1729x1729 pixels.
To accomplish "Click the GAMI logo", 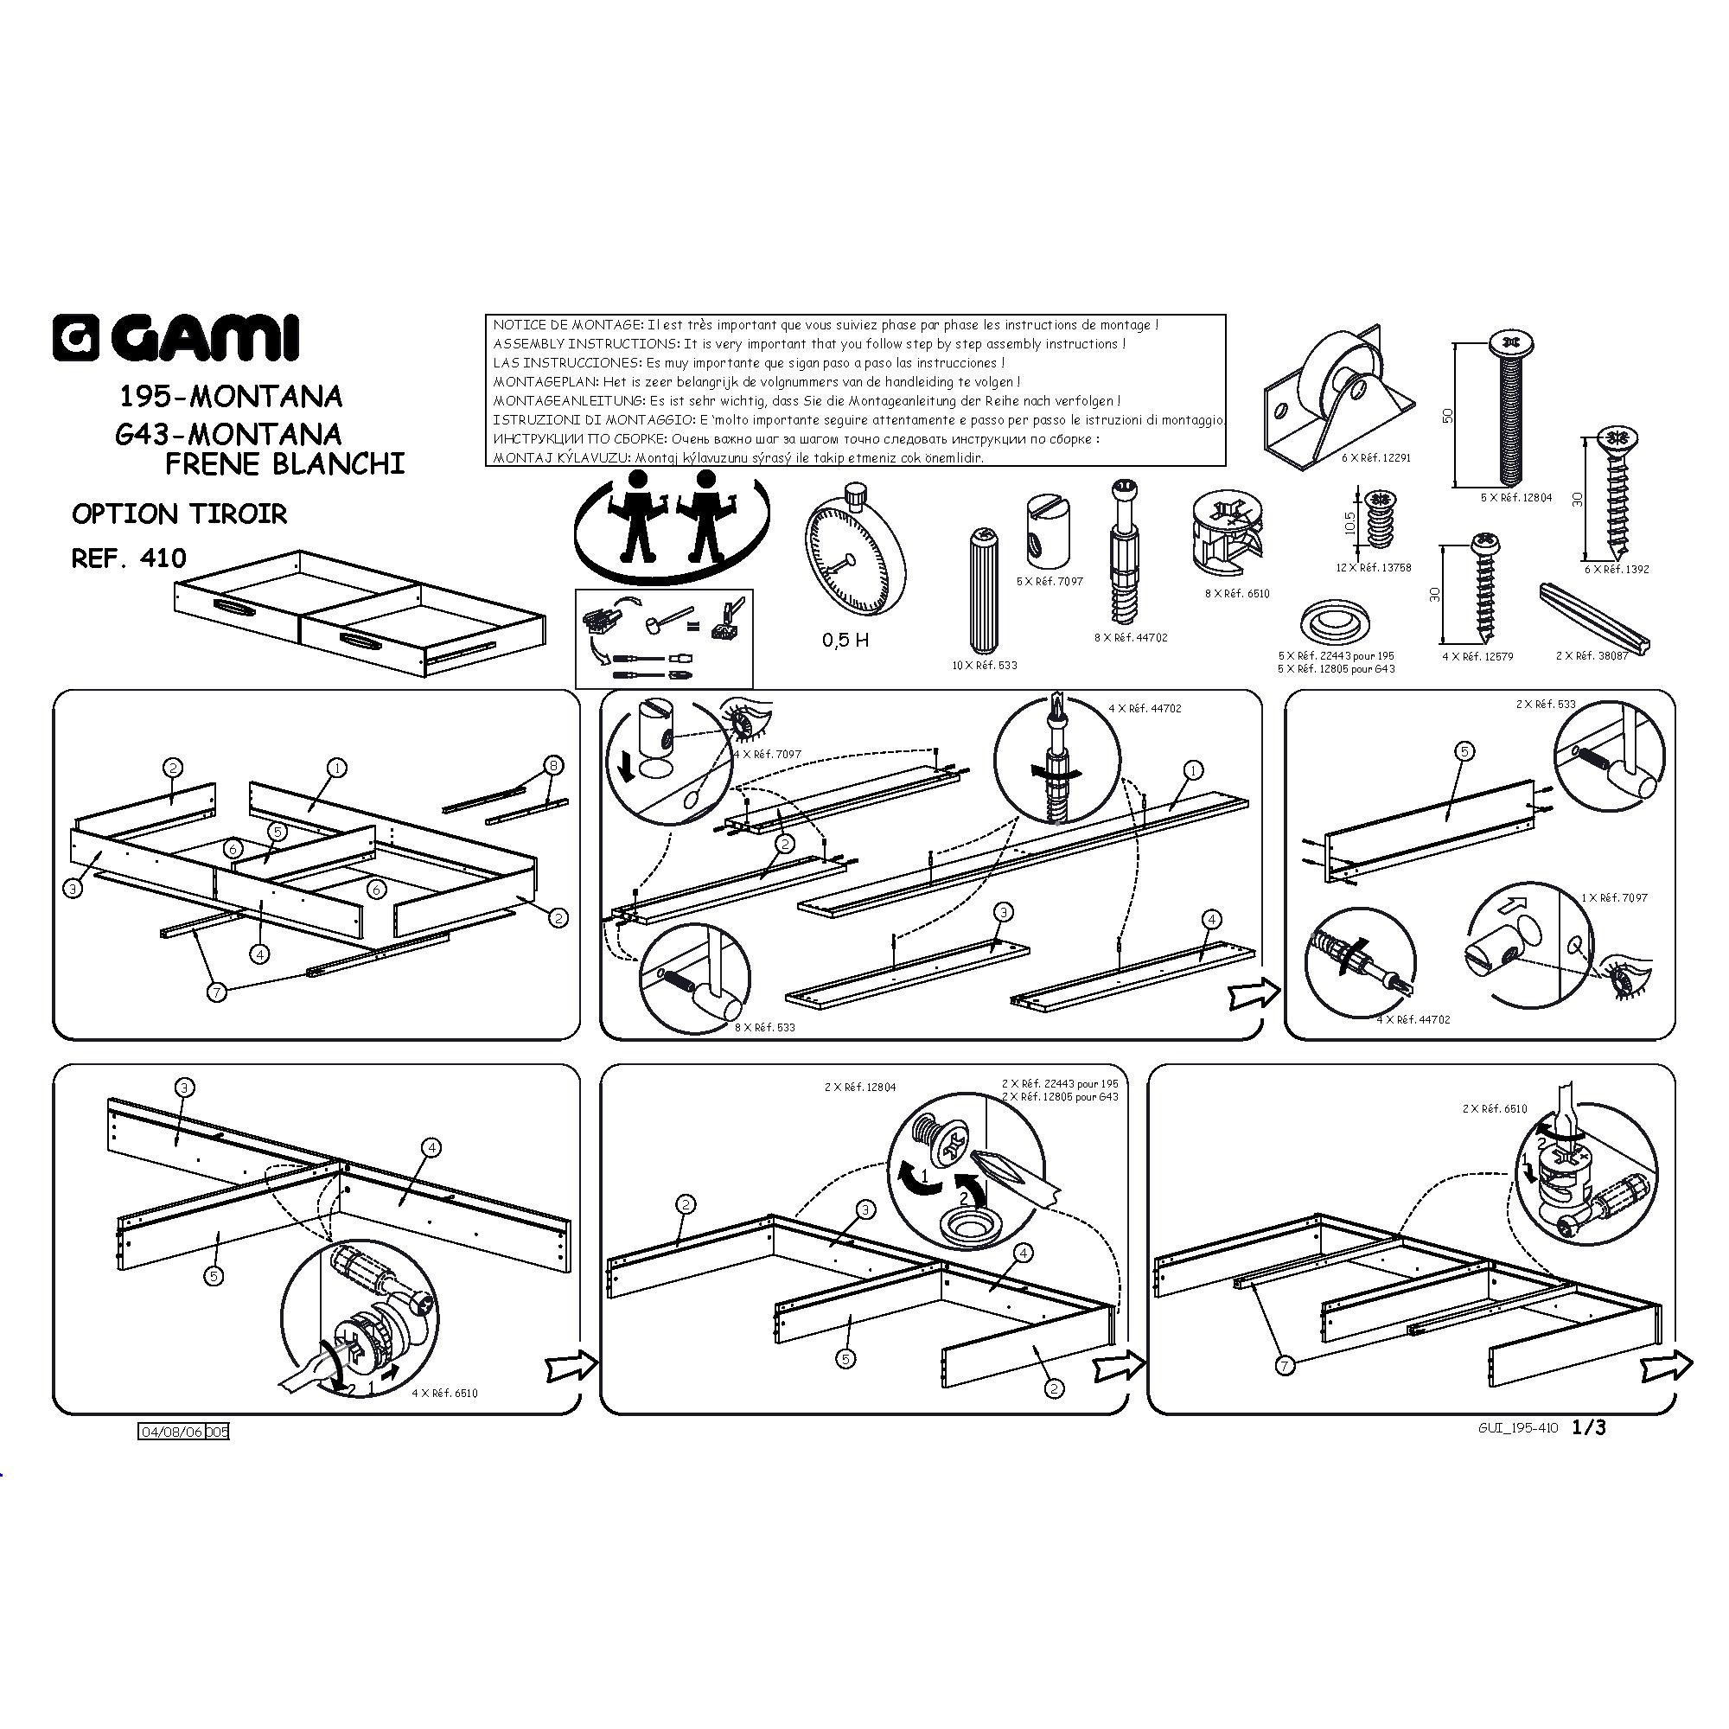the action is tap(175, 337).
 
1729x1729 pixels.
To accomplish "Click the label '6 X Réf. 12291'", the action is tap(1375, 457).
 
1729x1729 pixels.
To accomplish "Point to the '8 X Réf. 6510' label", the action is tap(1237, 593).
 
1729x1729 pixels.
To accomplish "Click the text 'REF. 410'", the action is tap(129, 558).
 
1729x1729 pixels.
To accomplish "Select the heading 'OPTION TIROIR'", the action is tap(179, 514).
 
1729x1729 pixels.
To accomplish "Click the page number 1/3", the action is tap(1590, 1427).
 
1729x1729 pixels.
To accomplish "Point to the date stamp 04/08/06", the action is tap(170, 1432).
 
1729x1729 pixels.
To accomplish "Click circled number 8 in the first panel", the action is tap(554, 766).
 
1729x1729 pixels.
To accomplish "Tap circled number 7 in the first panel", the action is tap(217, 992).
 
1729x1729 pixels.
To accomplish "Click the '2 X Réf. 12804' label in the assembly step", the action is tap(860, 1088).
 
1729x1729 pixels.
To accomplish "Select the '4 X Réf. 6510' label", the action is tap(444, 1394).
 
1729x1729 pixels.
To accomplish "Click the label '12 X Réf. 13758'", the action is tap(1373, 567).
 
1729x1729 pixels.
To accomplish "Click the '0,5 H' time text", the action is tap(845, 640).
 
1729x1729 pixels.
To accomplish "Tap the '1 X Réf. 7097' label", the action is tap(1613, 897).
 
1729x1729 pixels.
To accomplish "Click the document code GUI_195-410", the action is tap(1518, 1429).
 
